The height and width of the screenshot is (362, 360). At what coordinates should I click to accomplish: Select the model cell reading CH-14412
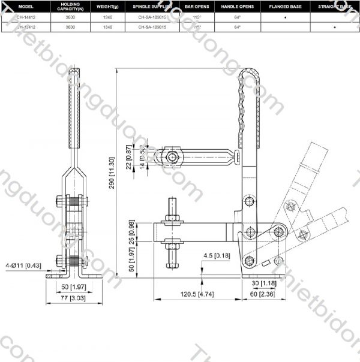[x=26, y=18]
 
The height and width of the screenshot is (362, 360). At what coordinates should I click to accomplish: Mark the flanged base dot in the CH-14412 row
[x=285, y=18]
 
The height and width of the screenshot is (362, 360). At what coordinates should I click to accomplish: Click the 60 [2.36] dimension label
[x=262, y=294]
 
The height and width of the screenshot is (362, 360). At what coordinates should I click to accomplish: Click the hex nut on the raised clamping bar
[x=173, y=156]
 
